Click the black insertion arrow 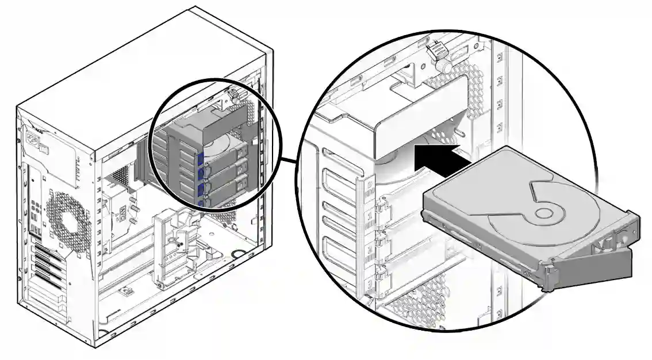440,158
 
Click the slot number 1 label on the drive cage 370,219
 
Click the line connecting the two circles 289,161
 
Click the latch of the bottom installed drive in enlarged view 380,282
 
